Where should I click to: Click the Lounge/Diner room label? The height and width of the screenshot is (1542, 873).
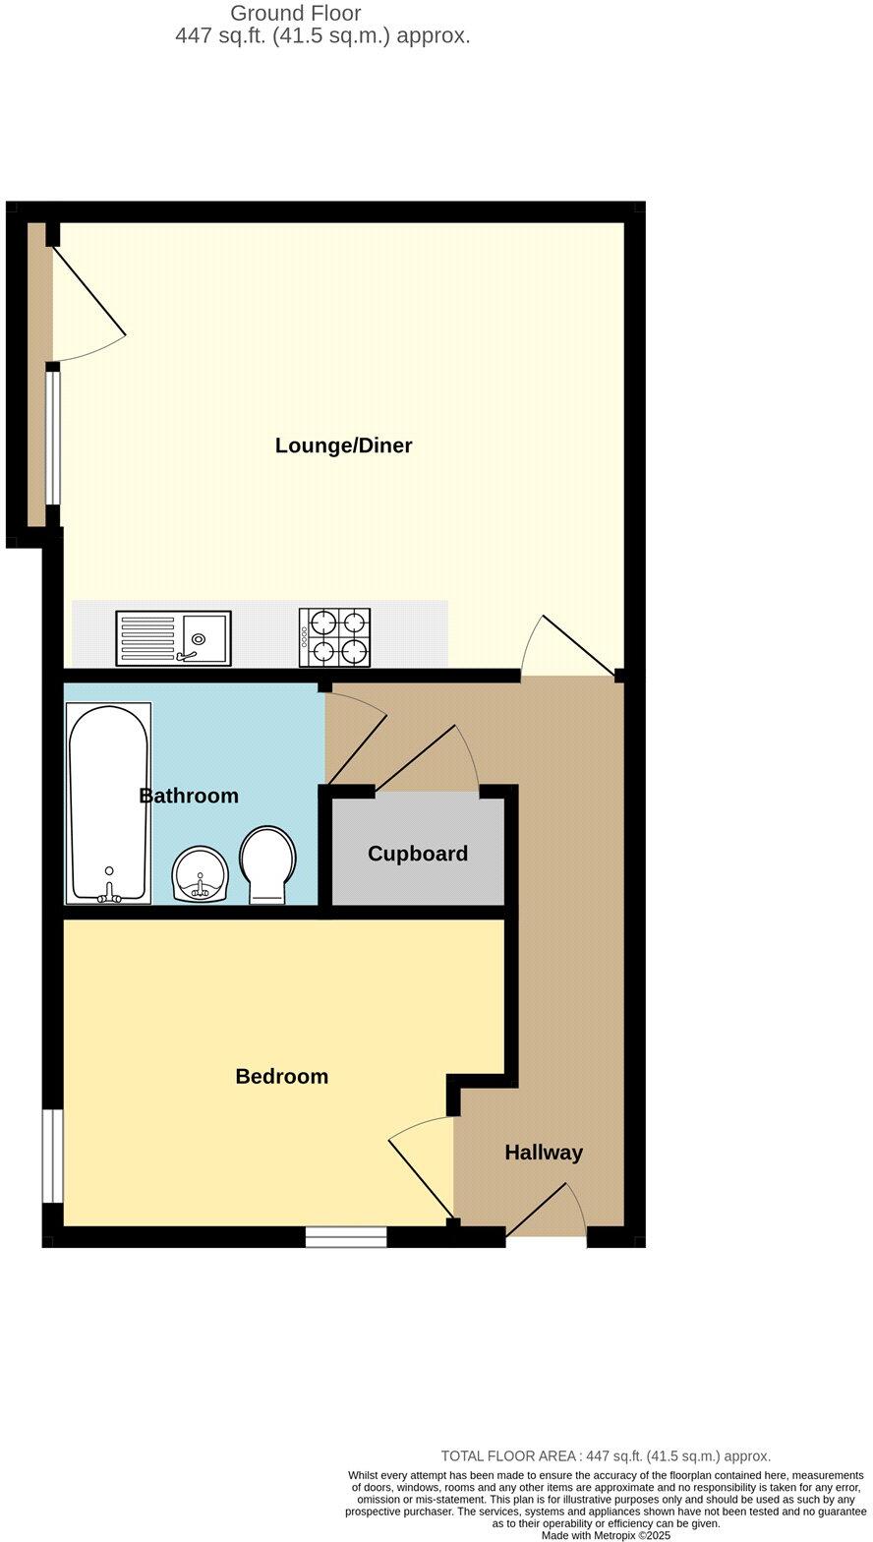point(343,445)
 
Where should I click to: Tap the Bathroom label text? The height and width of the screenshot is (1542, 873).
point(189,796)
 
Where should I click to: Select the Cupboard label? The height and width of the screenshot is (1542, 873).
point(418,854)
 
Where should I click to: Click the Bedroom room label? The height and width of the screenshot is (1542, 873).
point(281,1077)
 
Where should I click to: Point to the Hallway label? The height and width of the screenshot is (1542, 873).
point(544,1153)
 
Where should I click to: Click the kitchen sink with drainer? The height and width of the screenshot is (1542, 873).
point(173,638)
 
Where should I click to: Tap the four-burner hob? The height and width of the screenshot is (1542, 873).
point(335,637)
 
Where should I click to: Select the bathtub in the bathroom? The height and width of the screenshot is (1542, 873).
point(109,802)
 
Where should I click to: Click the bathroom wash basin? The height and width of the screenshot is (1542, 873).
point(201,874)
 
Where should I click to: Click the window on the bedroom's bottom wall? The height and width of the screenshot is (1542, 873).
point(346,1237)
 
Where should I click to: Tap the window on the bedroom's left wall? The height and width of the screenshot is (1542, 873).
point(52,1156)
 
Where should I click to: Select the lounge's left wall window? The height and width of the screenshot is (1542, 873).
point(53,439)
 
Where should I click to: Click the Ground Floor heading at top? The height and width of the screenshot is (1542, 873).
point(295,14)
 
